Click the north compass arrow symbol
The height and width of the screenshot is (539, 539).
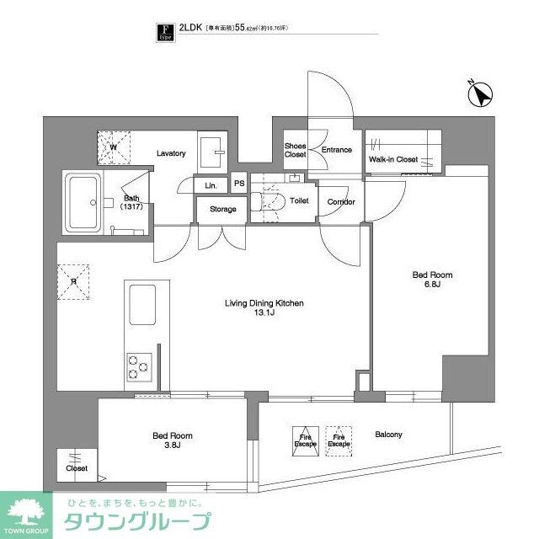click(483, 97)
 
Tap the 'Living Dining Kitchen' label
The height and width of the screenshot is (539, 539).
click(264, 308)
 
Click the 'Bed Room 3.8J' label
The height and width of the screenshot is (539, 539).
click(173, 441)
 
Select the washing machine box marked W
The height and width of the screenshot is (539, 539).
click(113, 147)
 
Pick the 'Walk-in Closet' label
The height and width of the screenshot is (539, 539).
click(393, 158)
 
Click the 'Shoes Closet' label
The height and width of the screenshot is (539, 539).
click(295, 150)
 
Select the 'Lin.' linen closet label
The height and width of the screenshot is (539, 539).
click(210, 185)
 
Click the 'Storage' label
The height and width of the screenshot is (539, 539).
click(222, 209)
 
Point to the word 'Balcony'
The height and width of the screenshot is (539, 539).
click(388, 435)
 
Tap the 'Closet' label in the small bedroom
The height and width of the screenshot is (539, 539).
click(77, 468)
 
